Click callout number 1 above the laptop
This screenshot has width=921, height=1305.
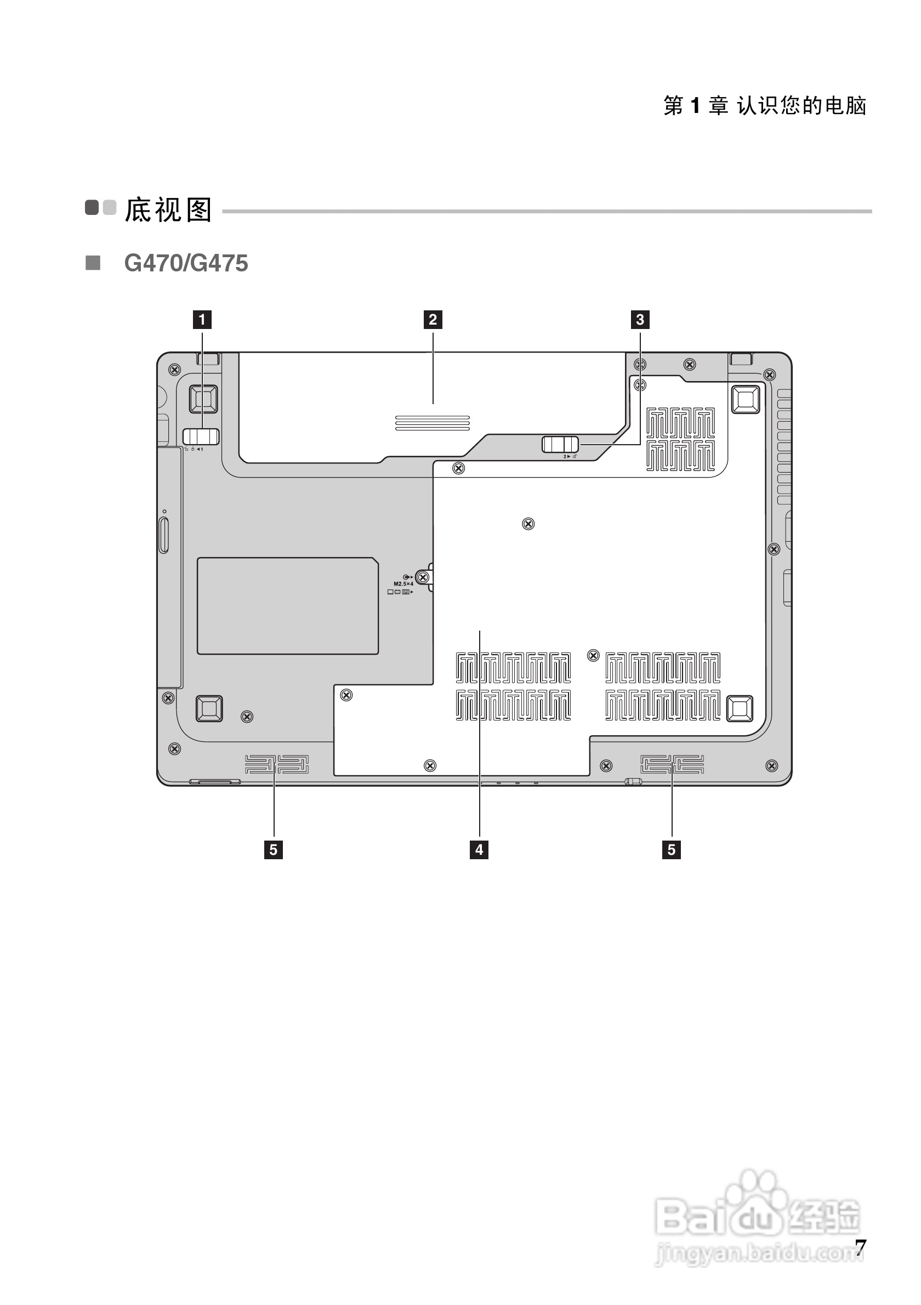(x=202, y=320)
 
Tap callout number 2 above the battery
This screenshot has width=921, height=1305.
(x=433, y=320)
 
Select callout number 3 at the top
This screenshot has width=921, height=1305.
(x=640, y=320)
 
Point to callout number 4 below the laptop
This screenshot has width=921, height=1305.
(x=479, y=850)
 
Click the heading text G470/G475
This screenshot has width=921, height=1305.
(x=186, y=264)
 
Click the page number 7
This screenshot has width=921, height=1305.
(x=861, y=1248)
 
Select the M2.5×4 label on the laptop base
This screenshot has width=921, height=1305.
(x=403, y=584)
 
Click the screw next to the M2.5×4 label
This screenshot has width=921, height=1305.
(x=422, y=578)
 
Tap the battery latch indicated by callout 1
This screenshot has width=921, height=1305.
(x=201, y=436)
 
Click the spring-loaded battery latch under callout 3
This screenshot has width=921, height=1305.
(x=560, y=444)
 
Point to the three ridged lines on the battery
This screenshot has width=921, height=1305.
(x=433, y=422)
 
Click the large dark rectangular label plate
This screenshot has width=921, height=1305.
(x=287, y=606)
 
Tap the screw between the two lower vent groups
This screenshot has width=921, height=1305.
(x=593, y=656)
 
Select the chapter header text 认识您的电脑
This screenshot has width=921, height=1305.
(x=801, y=106)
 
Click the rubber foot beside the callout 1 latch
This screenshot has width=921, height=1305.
(x=203, y=399)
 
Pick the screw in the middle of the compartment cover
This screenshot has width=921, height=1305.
(x=528, y=524)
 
